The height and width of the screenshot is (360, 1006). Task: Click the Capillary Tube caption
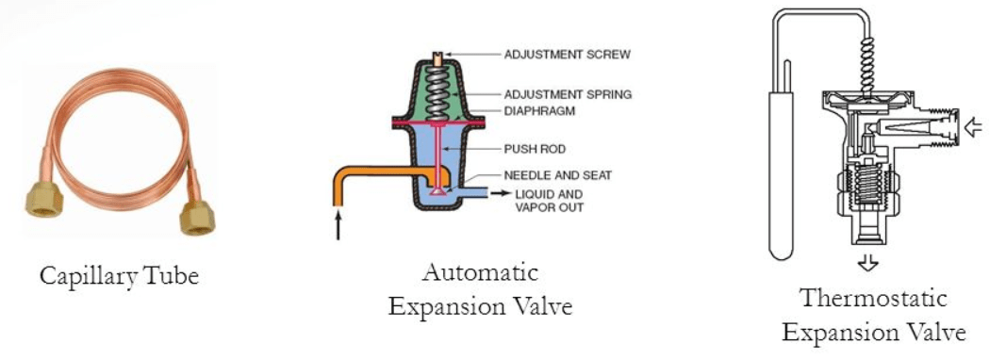point(120,276)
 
